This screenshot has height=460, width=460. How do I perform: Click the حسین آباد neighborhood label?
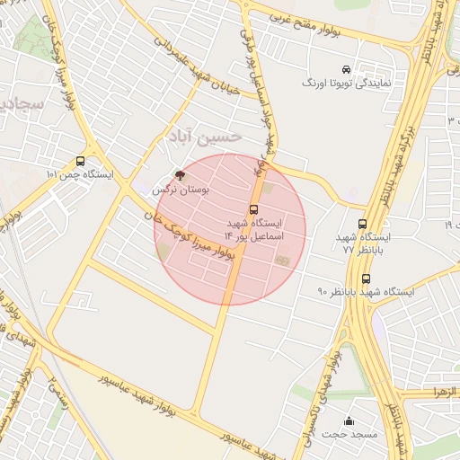tap(204, 136)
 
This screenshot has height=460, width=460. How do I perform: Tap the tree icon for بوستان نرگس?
tap(179, 176)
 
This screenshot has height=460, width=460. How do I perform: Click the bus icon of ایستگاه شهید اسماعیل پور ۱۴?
tap(253, 209)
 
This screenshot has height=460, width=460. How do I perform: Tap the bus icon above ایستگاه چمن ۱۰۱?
tap(82, 162)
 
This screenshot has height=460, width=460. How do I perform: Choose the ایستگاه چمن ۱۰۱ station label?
tap(80, 174)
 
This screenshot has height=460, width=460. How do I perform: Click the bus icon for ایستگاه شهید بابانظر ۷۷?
tap(363, 225)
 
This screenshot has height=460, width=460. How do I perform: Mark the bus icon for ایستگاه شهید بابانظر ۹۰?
tap(364, 278)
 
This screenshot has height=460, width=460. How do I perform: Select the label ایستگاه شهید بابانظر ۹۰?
tap(366, 292)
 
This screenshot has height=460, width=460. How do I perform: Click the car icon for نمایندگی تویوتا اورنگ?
tap(346, 70)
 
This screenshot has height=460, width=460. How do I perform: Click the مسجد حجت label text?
tap(349, 435)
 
